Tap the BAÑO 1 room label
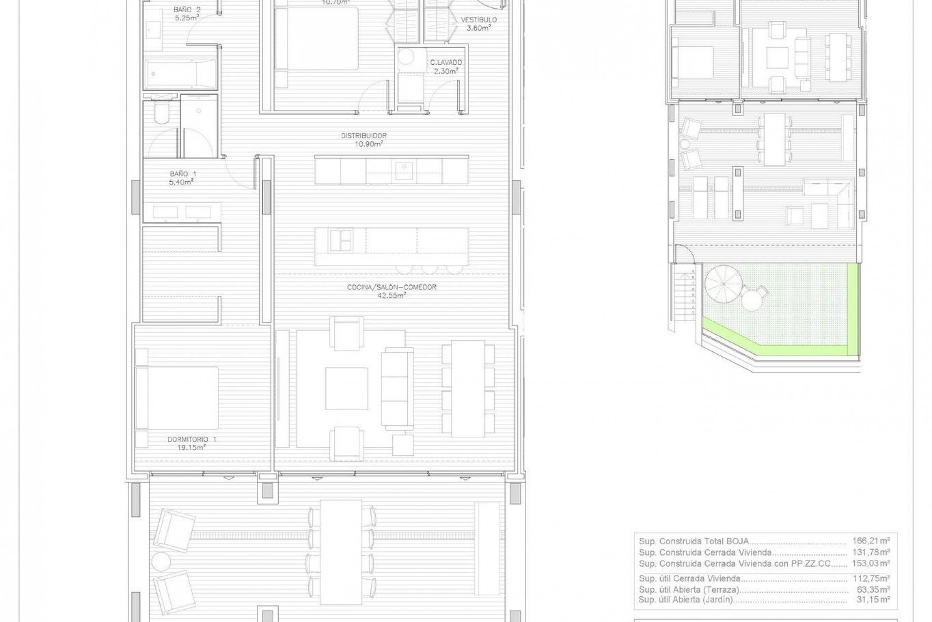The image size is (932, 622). tap(183, 174)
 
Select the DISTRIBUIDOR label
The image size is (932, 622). tap(364, 136)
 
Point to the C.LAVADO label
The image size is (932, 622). tap(446, 63)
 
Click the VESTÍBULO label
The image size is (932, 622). tap(479, 20)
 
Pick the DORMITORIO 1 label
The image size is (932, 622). tap(192, 439)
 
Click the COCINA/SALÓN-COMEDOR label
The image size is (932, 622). tap(391, 287)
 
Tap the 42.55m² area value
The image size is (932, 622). tap(391, 295)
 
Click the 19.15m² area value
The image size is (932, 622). tap(192, 448)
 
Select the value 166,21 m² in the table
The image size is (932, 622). tap(871, 541)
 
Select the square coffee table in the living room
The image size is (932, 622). tap(346, 389)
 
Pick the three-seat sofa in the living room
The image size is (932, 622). tap(397, 388)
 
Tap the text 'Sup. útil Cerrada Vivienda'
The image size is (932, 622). tap(689, 579)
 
